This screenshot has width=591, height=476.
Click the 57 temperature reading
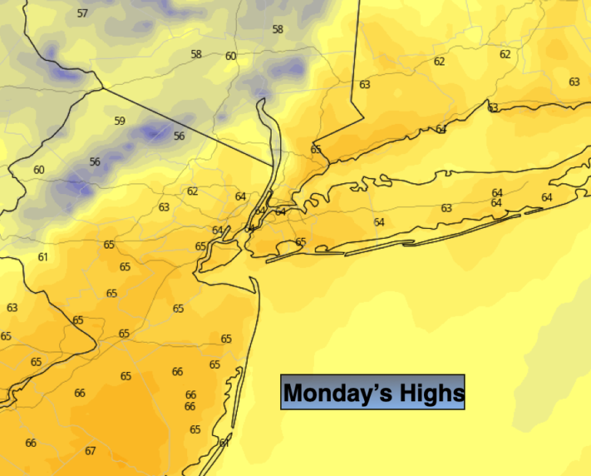point(82,13)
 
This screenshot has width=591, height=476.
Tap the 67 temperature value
point(90,451)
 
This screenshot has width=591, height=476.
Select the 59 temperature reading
point(119,121)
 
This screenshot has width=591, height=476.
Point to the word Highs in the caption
point(432,393)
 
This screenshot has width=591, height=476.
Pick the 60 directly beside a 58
point(231,56)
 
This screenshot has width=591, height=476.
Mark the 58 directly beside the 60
point(196,54)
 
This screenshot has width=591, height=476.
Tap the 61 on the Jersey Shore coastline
point(224,442)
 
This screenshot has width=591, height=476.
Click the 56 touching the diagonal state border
point(179,136)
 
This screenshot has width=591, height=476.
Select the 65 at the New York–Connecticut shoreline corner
point(316,149)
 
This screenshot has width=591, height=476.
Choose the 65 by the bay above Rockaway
point(300,242)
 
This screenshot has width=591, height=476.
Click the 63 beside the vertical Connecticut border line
point(365,85)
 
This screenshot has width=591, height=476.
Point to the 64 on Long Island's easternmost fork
point(546,198)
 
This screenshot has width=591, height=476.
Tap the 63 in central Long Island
point(446,208)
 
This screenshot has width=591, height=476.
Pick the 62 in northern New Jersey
point(192,191)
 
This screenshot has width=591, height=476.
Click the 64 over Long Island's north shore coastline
point(441,129)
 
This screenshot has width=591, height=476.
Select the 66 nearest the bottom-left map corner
point(31,443)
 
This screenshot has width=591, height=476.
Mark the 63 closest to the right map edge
point(574,82)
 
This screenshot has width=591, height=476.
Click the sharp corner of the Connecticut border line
point(362,118)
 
